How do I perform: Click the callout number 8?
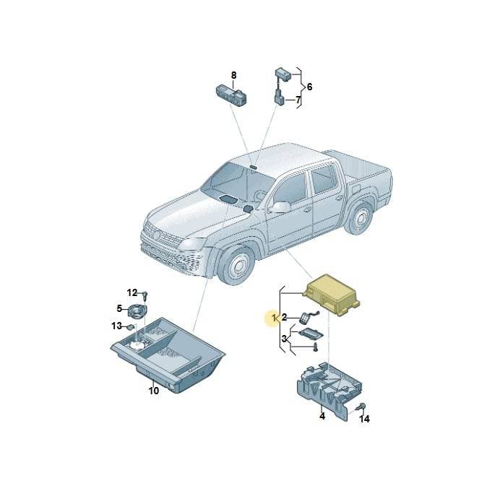233,76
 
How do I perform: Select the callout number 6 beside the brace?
309,87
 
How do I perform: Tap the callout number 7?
298,100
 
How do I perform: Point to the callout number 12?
132,292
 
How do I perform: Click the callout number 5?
119,309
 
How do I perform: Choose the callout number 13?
116,326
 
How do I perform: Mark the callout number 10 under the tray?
154,391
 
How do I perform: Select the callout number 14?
364,419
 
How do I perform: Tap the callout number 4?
322,417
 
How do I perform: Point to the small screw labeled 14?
360,407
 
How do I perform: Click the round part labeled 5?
137,311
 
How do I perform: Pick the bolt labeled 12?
145,295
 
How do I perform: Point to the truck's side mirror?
280,207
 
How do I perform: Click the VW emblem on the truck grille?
156,234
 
